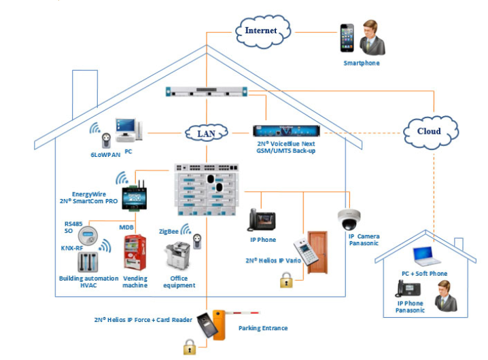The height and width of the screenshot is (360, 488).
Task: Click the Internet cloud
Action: point(262,30)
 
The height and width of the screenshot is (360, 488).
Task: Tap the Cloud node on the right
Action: point(429,130)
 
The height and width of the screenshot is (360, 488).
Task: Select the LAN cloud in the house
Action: point(206,133)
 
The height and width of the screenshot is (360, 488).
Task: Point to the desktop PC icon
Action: point(128,129)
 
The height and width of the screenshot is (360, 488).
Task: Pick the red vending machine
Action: point(135,253)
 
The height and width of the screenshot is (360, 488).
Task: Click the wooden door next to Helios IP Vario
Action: point(317,252)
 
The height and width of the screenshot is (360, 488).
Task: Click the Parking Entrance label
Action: point(263,328)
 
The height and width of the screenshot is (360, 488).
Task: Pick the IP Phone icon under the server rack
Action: point(262,221)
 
